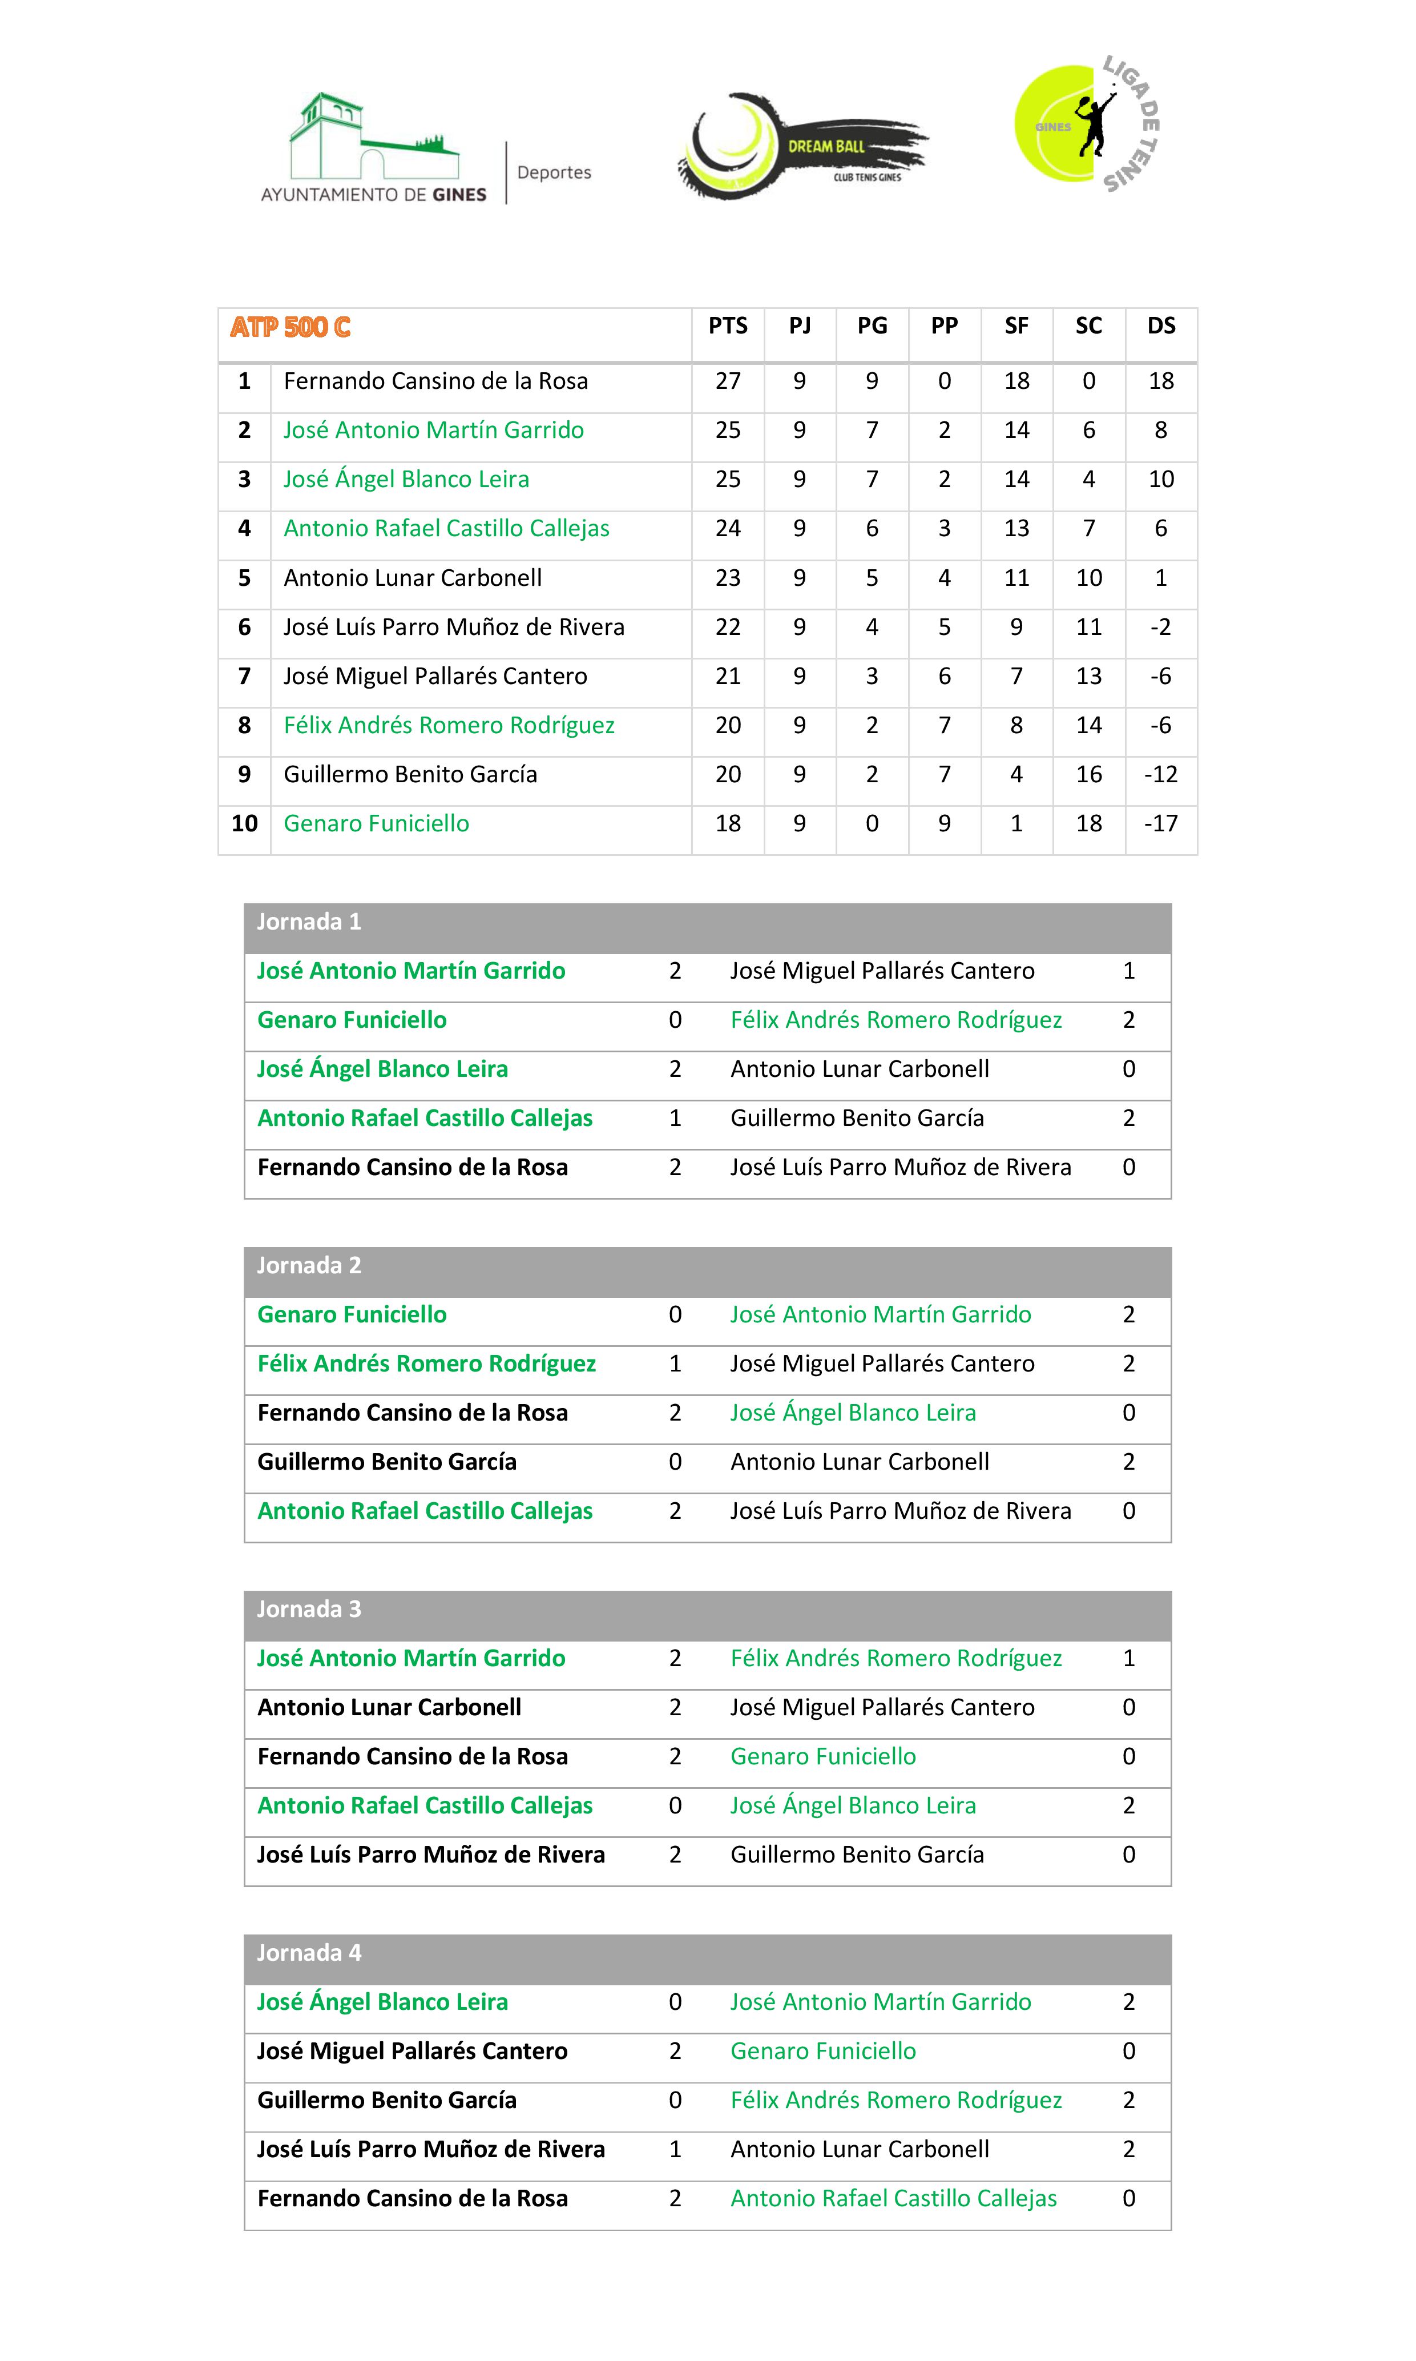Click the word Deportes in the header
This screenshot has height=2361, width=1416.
point(554,173)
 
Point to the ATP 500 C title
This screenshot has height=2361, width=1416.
point(290,327)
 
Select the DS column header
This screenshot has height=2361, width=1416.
point(1160,327)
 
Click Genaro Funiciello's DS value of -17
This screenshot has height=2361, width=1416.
point(1160,823)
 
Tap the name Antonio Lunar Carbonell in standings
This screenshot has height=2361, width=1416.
point(412,578)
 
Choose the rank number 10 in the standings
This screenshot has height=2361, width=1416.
point(244,823)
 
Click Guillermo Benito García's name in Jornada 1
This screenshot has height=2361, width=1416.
point(857,1119)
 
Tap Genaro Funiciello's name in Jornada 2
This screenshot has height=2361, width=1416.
point(351,1315)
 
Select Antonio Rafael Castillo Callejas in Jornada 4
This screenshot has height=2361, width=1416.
point(893,2199)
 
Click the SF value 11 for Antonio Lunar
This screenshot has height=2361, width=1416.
point(1016,578)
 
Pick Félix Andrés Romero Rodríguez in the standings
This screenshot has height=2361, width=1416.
point(449,725)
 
